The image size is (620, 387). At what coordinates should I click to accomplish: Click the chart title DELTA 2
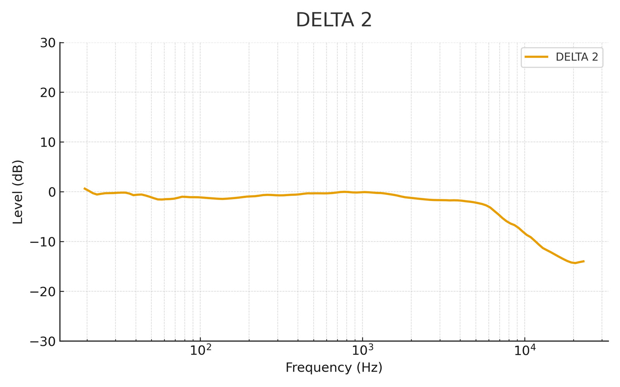pyautogui.click(x=334, y=20)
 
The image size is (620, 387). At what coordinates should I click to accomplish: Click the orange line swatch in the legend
pyautogui.click(x=537, y=57)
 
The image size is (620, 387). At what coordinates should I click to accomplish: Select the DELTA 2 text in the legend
pyautogui.click(x=577, y=57)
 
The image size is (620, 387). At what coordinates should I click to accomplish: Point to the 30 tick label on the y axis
pyautogui.click(x=48, y=43)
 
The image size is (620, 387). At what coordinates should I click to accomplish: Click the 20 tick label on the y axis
pyautogui.click(x=48, y=92)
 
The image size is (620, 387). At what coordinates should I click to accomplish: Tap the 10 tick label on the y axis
pyautogui.click(x=48, y=142)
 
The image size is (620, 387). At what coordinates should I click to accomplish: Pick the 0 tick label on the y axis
pyautogui.click(x=52, y=192)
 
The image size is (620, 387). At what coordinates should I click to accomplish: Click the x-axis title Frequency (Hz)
pyautogui.click(x=334, y=368)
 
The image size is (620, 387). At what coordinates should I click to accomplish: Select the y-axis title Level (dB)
pyautogui.click(x=18, y=192)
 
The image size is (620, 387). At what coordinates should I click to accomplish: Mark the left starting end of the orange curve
pyautogui.click(x=84, y=188)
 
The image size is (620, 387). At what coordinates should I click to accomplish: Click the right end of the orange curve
pyautogui.click(x=584, y=261)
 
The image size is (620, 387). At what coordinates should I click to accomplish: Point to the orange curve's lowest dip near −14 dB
pyautogui.click(x=574, y=263)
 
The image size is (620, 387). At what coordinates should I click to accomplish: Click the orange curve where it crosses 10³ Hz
pyautogui.click(x=362, y=192)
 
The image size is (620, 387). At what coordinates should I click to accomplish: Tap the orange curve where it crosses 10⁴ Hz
pyautogui.click(x=525, y=233)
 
